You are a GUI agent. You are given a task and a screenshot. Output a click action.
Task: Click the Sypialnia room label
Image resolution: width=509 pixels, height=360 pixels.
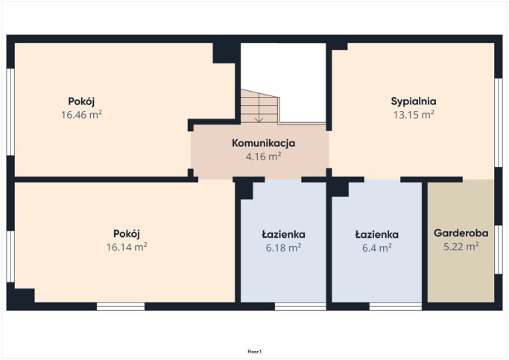click(x=414, y=101)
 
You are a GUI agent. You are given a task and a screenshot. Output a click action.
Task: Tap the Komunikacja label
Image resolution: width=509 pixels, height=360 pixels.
click(x=263, y=143)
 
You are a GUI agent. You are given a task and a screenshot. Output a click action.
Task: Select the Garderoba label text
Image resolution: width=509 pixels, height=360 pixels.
click(x=461, y=233)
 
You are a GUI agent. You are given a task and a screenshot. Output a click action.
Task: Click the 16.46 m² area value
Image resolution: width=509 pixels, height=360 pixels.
click(x=81, y=115)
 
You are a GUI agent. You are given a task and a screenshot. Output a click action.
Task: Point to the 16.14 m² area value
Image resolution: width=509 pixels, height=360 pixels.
click(x=127, y=247)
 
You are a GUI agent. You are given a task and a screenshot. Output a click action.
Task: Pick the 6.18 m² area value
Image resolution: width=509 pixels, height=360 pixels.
click(x=283, y=248)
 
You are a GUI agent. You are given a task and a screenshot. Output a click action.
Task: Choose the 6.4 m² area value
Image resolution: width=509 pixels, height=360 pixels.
click(x=377, y=248)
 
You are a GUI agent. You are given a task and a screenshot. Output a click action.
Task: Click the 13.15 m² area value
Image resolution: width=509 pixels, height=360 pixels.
click(x=414, y=115)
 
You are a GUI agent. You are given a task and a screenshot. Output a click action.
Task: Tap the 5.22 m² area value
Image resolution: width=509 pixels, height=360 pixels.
click(x=461, y=247)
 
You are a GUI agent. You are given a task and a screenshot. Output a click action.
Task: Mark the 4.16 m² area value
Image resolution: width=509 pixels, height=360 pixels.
click(x=263, y=157)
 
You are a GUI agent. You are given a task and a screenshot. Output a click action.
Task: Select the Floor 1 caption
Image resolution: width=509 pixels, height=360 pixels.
click(x=255, y=352)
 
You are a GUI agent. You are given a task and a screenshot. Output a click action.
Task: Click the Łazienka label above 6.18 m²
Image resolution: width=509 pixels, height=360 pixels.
click(x=283, y=234)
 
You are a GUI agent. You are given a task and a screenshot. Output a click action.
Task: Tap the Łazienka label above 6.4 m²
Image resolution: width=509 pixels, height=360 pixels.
click(x=377, y=234)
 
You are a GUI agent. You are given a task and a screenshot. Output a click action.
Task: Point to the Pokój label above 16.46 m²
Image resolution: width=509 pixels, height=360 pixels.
click(x=81, y=101)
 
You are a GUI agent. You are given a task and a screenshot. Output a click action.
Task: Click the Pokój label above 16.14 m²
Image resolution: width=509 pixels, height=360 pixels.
click(x=127, y=234)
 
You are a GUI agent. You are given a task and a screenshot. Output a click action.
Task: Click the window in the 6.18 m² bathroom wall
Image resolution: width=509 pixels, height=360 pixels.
click(x=300, y=306)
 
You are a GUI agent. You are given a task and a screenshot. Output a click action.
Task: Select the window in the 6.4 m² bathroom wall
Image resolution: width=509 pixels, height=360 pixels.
click(x=396, y=306)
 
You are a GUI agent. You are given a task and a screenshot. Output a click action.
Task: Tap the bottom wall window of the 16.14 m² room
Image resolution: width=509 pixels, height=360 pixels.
click(x=121, y=306)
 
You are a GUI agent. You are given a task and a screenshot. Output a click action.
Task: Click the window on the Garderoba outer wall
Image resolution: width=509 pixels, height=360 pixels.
click(x=499, y=250)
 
